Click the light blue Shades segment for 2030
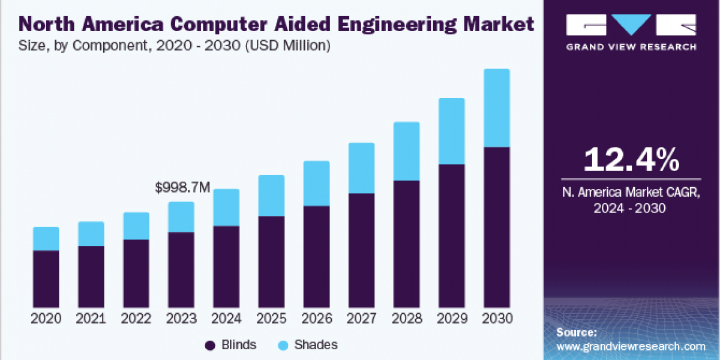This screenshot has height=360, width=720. tap(496, 108)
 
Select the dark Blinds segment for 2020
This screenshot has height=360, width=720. tap(46, 279)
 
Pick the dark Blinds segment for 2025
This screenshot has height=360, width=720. tap(271, 262)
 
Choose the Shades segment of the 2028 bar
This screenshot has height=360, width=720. tap(406, 151)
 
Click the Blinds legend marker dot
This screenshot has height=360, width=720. tap(210, 345)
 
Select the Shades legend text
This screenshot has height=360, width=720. tap(317, 345)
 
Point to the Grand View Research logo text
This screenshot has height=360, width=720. tap(631, 47)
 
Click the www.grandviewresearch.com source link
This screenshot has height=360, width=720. tap(631, 346)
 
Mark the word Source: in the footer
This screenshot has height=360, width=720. tap(576, 332)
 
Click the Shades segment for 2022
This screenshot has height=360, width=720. tap(136, 226)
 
